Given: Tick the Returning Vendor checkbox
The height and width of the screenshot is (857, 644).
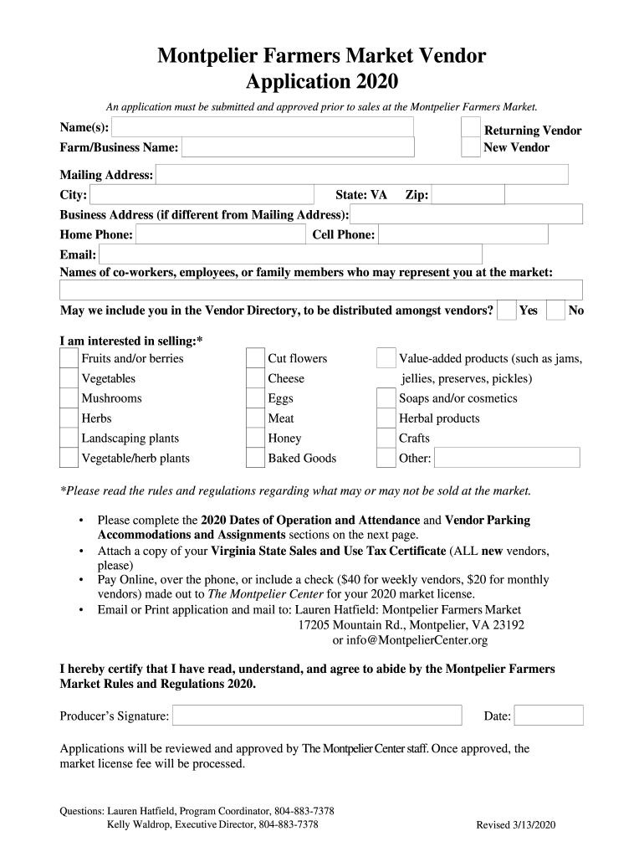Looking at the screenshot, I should click(471, 127).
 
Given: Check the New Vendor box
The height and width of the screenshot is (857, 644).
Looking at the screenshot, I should click(471, 147).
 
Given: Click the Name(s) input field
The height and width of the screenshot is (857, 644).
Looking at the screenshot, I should click(263, 127).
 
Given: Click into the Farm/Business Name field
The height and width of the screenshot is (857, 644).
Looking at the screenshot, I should click(298, 148).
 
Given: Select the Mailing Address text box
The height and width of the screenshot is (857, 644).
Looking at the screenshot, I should click(362, 175).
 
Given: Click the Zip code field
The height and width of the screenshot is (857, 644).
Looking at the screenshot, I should click(468, 195).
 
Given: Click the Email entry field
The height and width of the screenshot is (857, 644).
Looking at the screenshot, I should click(290, 254).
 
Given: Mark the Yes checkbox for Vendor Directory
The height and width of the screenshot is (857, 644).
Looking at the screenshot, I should click(506, 310).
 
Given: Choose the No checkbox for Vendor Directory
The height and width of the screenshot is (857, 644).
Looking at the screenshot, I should click(556, 310).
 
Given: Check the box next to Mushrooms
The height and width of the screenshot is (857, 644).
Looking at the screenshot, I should click(69, 398).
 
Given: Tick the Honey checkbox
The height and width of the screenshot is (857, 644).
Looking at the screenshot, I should click(255, 438).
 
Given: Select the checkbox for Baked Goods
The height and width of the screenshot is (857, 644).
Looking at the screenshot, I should click(255, 458).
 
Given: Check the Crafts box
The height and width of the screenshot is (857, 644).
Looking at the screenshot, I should click(386, 438).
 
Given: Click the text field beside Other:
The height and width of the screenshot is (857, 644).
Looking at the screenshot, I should click(507, 458).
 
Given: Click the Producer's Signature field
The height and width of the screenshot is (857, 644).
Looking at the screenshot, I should click(317, 716).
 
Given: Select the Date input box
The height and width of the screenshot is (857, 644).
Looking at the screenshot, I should click(549, 716).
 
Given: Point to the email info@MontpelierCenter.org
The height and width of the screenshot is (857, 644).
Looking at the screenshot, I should click(410, 640).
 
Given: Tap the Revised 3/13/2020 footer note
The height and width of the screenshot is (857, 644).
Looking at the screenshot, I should click(516, 825).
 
